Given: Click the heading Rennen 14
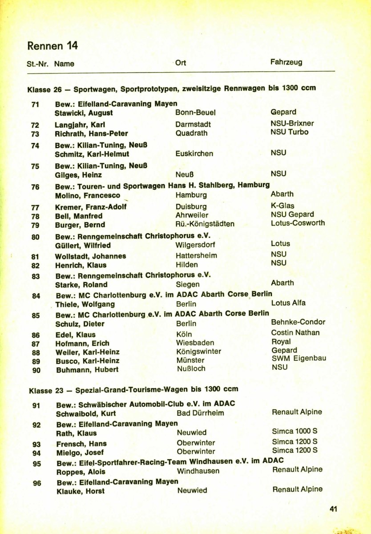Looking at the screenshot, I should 52,46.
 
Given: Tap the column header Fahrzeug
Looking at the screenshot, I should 286,62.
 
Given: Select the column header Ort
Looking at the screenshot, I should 181,63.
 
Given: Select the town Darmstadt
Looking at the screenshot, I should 193,124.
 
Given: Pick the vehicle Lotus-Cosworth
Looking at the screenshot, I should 298,223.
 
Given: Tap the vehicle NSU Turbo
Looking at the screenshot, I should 289,132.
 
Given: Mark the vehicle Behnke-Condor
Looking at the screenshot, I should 298,322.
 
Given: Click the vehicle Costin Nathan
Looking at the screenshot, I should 295,333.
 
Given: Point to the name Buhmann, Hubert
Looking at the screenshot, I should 87,370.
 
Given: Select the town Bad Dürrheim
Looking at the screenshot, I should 200,413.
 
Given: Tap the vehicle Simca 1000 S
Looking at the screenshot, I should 294,431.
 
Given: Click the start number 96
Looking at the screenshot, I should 37,482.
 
